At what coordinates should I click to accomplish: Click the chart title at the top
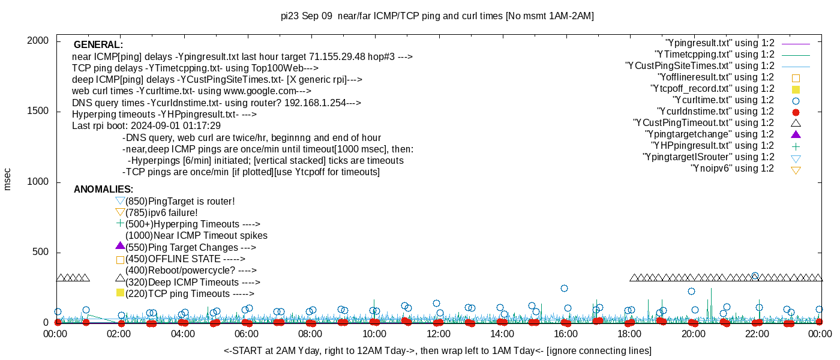(x=437, y=16)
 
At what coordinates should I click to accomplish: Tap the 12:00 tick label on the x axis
(x=438, y=334)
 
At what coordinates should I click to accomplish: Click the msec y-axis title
(x=8, y=179)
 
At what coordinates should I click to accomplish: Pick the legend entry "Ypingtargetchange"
(x=709, y=134)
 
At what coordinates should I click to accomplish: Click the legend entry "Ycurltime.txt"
(x=724, y=100)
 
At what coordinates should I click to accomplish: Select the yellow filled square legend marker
(x=796, y=89)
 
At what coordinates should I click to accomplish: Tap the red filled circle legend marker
(x=796, y=112)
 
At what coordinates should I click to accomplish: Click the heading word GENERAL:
(x=98, y=45)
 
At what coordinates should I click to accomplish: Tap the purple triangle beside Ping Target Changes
(x=120, y=246)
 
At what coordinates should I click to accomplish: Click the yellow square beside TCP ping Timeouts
(x=120, y=293)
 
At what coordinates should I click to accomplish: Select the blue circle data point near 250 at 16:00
(x=564, y=288)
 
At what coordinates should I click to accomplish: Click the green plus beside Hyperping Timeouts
(x=120, y=223)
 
